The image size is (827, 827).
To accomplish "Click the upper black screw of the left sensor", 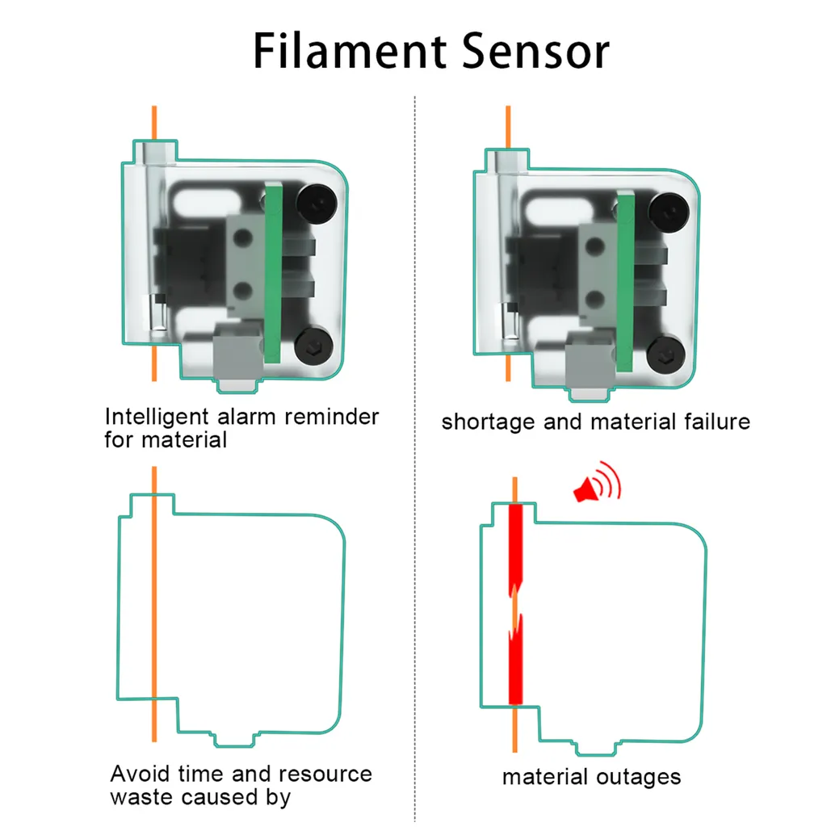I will point(316,199).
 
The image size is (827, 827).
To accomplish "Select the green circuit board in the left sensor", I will point(275,275).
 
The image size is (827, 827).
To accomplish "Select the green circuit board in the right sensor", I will point(624,279).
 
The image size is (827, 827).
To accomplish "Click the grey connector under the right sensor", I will point(588,363).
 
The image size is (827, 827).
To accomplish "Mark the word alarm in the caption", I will point(249,418).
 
